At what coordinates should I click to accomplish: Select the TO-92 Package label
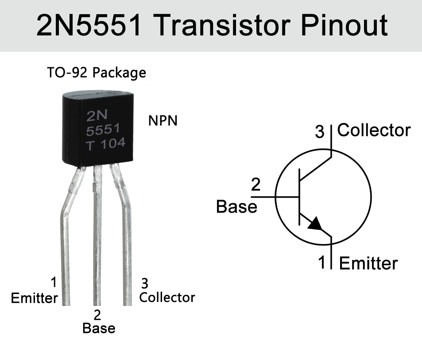(97, 72)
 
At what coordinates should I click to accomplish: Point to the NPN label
(163, 120)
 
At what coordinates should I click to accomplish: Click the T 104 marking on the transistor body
(105, 144)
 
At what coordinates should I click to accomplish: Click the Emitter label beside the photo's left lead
(34, 298)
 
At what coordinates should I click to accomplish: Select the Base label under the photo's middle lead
(99, 328)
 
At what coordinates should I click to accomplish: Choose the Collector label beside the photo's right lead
(167, 297)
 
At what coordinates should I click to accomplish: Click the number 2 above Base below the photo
(97, 315)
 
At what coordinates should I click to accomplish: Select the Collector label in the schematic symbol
(374, 131)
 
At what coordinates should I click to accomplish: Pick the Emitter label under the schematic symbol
(368, 263)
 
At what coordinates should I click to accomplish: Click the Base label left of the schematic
(236, 206)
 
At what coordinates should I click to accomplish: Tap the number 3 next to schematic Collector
(320, 132)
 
